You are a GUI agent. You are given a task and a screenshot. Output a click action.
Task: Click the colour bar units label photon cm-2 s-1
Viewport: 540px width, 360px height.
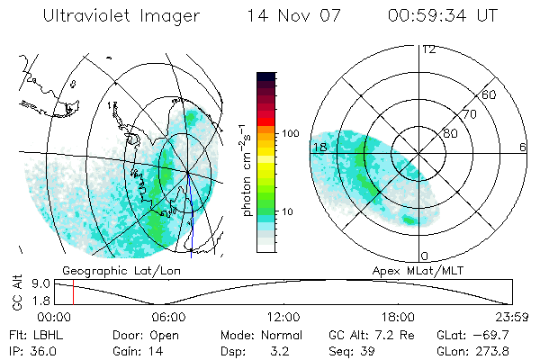247,168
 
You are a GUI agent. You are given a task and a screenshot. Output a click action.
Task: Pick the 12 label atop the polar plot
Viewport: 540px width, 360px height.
428,49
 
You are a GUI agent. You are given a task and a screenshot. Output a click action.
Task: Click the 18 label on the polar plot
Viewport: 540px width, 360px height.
319,147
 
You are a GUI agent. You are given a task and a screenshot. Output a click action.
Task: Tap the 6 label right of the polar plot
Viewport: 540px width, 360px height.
523,147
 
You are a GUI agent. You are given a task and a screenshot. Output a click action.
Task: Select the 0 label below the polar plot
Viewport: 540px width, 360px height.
424,256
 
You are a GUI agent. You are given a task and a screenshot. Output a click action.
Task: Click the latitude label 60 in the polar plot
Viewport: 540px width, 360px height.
490,94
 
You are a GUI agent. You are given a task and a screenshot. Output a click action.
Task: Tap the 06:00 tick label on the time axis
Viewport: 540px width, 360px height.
167,317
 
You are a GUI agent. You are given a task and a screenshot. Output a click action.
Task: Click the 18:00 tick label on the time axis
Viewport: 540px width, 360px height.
398,317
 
